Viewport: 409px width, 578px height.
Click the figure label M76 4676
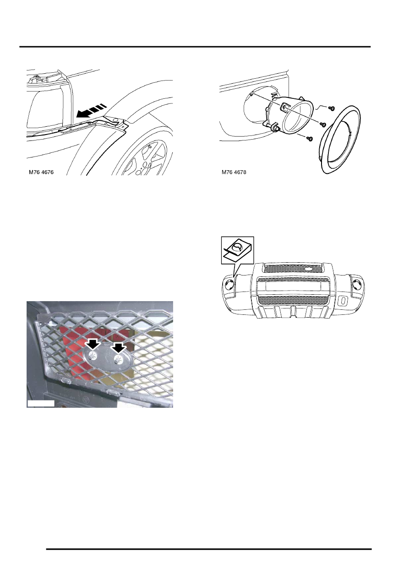[41, 172]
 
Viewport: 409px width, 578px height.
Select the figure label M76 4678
[234, 172]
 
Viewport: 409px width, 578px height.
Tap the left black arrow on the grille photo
[93, 345]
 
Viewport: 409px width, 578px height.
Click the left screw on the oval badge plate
[93, 356]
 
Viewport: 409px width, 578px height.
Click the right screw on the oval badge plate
[118, 358]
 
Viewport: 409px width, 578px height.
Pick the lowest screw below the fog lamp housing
[310, 139]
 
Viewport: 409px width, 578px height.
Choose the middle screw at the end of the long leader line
[323, 124]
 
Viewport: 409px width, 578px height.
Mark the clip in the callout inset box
[238, 249]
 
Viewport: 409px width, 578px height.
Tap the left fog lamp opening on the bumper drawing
[229, 284]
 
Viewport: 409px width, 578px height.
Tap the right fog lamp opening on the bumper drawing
[357, 284]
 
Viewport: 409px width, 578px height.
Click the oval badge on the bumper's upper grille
[309, 269]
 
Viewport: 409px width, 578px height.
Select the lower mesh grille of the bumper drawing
[293, 300]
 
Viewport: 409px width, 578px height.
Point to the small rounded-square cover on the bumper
[344, 301]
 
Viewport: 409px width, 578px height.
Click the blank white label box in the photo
[41, 404]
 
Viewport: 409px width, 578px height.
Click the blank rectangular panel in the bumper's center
[293, 286]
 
